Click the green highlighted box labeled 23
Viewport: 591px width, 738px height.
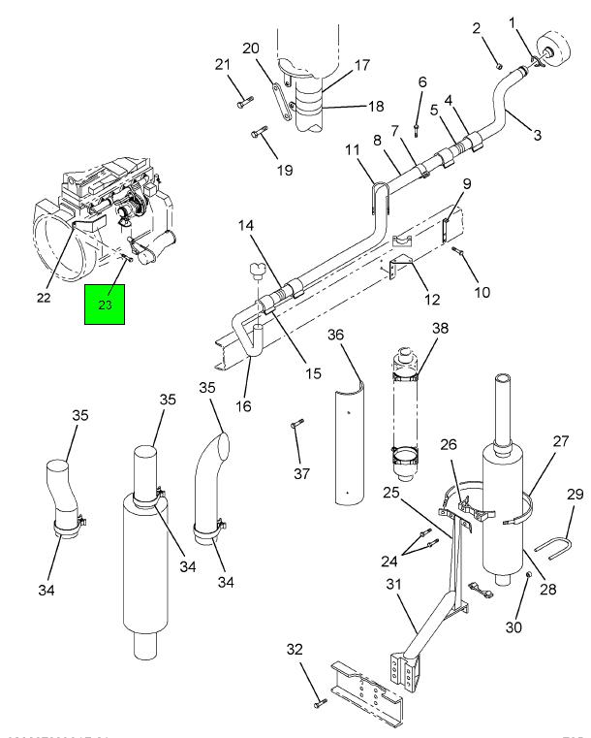(106, 305)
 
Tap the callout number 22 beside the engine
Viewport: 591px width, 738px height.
(44, 298)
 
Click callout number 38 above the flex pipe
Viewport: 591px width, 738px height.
(441, 330)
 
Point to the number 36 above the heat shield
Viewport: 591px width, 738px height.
(336, 335)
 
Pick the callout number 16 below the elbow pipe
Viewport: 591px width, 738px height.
(243, 405)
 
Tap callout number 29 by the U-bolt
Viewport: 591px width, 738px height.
(574, 496)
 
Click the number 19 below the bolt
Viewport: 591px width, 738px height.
(257, 171)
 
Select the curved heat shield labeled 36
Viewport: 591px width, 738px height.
(346, 446)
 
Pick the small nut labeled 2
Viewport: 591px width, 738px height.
(498, 65)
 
